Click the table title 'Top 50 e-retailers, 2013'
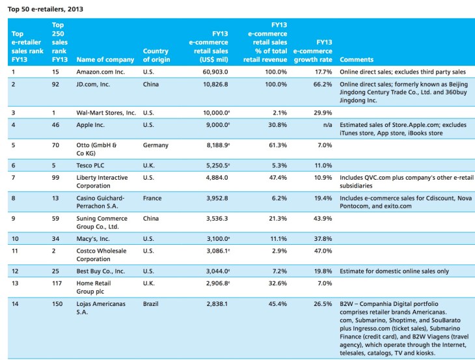(x=45, y=10)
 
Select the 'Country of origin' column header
(x=156, y=55)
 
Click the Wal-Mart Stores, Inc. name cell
(x=106, y=113)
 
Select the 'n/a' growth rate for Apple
(x=326, y=126)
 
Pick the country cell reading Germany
(x=156, y=145)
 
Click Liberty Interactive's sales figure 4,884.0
(x=217, y=178)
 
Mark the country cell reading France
(x=152, y=197)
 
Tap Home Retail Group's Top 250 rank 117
(x=57, y=284)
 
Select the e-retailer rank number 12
(x=14, y=271)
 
